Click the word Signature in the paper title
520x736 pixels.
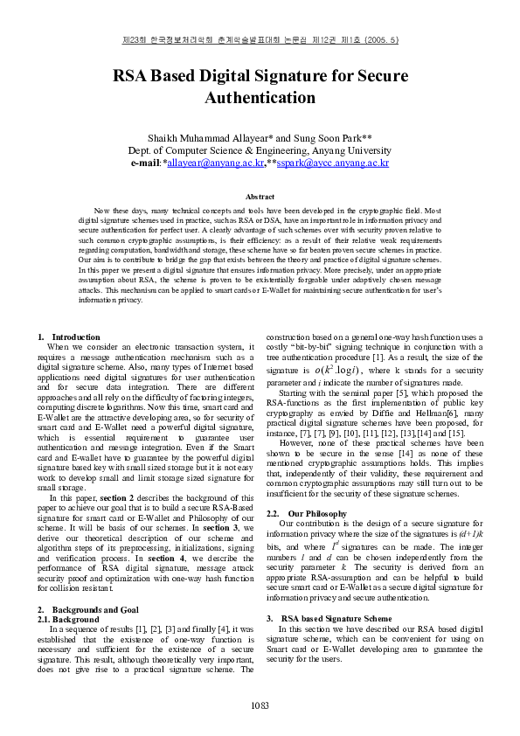281,75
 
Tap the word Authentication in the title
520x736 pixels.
260,97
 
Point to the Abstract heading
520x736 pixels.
260,198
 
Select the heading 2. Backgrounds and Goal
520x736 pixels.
87,608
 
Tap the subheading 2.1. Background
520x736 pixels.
68,619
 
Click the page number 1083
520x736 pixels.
260,705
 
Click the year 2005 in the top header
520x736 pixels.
378,40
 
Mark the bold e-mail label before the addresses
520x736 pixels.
145,163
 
